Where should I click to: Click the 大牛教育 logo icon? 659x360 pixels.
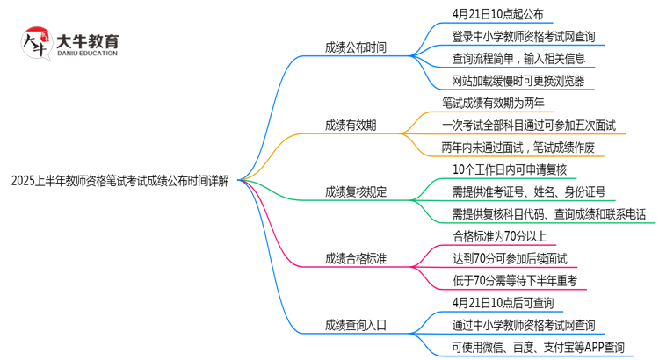point(37,43)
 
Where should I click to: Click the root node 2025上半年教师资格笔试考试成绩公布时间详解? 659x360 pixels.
point(120,182)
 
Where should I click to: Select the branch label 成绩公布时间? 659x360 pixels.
point(355,47)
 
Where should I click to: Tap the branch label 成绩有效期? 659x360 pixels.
point(351,125)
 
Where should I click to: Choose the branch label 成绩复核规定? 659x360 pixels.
point(355,191)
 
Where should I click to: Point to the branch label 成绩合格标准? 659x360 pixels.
point(355,257)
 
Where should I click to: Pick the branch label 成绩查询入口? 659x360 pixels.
point(355,324)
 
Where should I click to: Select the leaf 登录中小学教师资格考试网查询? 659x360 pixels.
point(523,37)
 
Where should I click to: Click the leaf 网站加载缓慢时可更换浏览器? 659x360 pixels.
point(518,82)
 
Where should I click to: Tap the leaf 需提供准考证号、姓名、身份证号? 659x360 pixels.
point(529,191)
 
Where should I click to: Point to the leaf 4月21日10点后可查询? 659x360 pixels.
point(503,302)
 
